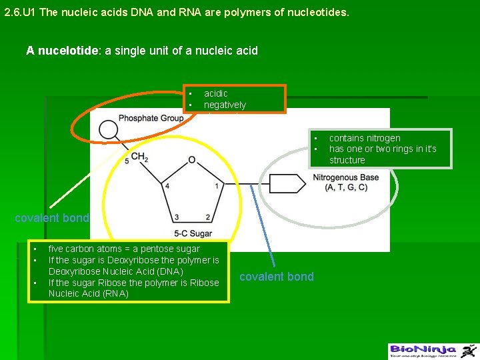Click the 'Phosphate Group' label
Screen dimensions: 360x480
click(151, 119)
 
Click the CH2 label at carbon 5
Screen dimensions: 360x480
click(139, 157)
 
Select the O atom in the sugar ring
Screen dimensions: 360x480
click(191, 160)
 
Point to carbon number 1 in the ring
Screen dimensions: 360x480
click(217, 185)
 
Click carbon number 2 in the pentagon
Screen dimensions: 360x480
click(208, 217)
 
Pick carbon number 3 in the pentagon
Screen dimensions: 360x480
click(177, 217)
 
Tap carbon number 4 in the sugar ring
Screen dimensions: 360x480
click(167, 185)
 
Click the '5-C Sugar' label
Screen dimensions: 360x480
click(193, 233)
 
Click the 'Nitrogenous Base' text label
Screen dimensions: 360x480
click(345, 177)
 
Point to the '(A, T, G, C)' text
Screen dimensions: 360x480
click(345, 187)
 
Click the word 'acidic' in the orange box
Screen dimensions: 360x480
click(215, 94)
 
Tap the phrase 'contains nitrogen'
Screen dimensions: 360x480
click(365, 138)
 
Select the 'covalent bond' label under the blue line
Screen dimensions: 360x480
click(276, 277)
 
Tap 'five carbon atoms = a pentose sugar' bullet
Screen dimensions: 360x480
click(124, 249)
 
